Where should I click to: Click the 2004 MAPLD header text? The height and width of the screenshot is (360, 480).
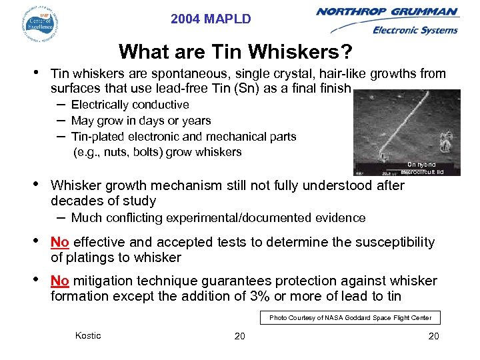pos(211,19)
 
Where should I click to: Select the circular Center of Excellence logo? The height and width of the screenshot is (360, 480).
pos(39,24)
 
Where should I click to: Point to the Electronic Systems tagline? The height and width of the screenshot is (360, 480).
pos(415,30)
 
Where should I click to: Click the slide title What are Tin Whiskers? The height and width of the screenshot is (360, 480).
pos(235,51)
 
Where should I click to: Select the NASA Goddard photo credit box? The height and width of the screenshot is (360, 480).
pos(350,318)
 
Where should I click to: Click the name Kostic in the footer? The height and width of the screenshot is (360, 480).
pos(88,335)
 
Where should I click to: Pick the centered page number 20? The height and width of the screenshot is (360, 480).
pos(239,336)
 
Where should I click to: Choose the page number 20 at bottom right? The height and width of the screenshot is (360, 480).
pos(433,336)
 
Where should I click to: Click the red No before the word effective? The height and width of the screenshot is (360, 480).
pos(60,242)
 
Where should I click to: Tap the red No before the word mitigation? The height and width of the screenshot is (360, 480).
pos(60,281)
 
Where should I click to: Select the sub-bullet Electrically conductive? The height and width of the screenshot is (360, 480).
pos(129,105)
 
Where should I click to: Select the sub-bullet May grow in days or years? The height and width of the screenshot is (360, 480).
pos(140,121)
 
